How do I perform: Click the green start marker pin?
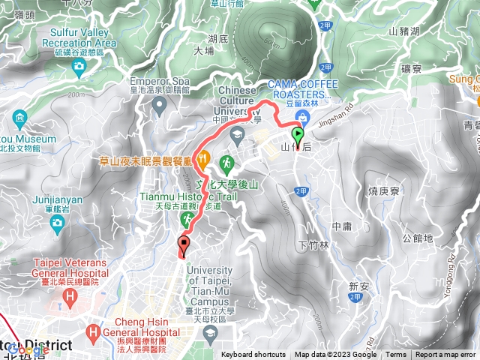[x=298, y=138]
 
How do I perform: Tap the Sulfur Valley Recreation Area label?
[x=84, y=37]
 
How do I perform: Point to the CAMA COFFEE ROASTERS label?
[x=300, y=88]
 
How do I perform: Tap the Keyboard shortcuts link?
[x=253, y=355]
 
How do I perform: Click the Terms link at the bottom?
[x=396, y=355]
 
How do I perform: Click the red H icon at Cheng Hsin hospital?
[x=93, y=330]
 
